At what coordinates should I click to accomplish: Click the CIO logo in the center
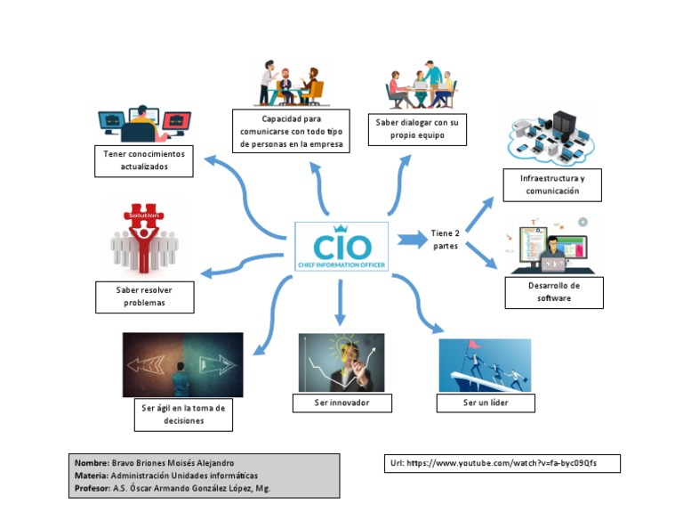point(341,247)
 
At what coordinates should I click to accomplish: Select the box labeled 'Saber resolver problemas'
point(144,297)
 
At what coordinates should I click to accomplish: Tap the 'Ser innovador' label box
point(342,403)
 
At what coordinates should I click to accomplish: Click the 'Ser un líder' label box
point(486,403)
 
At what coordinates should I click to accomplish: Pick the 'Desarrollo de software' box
point(553,292)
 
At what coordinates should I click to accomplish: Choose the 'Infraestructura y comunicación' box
point(551,185)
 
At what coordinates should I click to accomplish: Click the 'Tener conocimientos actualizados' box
point(143,160)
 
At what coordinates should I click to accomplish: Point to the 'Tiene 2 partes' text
point(446,240)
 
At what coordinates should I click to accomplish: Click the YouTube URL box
point(503,463)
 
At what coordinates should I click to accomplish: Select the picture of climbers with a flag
point(485,364)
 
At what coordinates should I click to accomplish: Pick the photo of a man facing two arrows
point(182,364)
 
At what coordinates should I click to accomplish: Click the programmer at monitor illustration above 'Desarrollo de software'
point(552,246)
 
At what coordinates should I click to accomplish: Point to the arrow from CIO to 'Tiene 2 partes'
point(411,239)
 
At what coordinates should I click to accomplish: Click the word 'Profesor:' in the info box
point(92,488)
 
